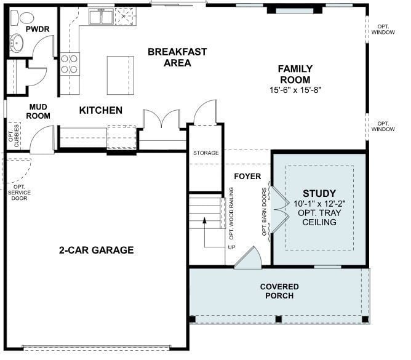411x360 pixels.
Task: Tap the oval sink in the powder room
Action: point(17,44)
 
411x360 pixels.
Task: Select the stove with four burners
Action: point(70,64)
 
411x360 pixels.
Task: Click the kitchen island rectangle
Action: point(120,75)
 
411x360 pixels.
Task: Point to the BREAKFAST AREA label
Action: point(177,57)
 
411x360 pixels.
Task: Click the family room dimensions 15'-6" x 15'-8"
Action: point(295,90)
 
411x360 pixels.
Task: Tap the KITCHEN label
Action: point(101,111)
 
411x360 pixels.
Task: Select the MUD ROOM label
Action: point(38,111)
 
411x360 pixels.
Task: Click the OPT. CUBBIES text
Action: point(14,136)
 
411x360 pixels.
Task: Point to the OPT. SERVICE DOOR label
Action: point(19,195)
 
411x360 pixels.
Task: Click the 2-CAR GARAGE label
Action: point(96,250)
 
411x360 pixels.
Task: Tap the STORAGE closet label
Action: point(206,153)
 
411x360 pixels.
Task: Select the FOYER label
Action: point(248,177)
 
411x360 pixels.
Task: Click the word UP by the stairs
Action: point(231,247)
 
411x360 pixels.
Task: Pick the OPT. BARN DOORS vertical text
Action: point(265,212)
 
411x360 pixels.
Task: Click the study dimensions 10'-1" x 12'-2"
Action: point(319,203)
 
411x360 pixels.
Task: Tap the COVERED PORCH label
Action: point(279,291)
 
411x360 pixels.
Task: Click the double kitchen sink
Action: point(100,17)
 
